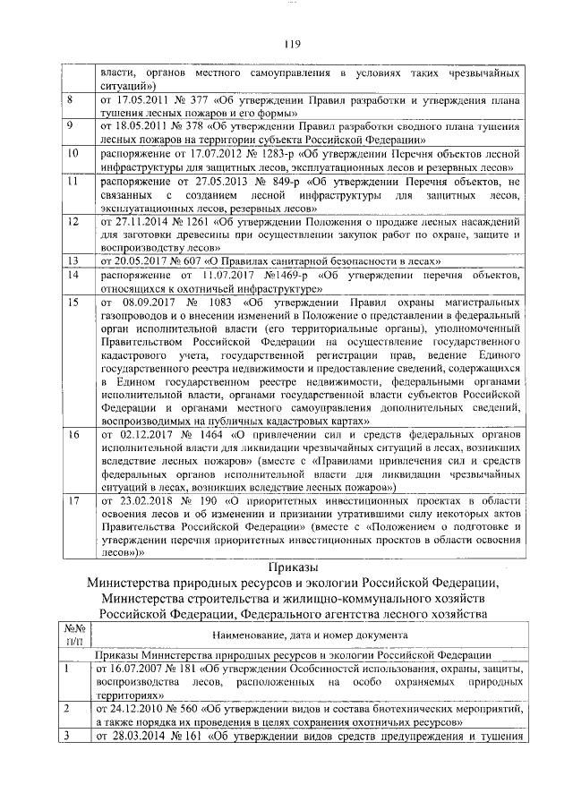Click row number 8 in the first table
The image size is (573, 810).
click(x=71, y=98)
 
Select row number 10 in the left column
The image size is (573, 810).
click(x=74, y=154)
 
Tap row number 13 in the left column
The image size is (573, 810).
click(x=74, y=260)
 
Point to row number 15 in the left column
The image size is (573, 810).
click(x=74, y=304)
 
